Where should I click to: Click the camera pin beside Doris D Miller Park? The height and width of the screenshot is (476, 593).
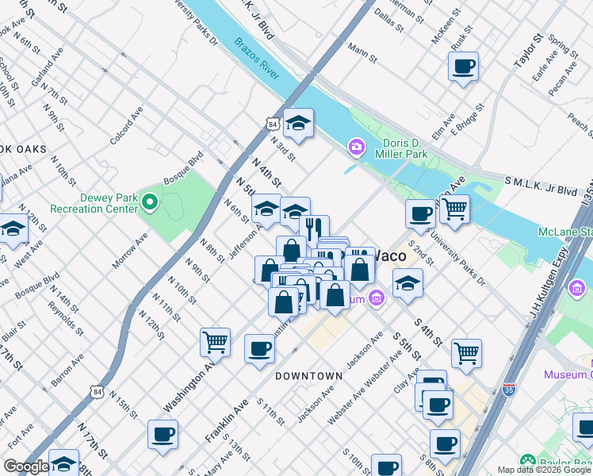356,147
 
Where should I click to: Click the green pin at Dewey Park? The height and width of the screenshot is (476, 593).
150,203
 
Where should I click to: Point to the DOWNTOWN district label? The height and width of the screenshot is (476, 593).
309,375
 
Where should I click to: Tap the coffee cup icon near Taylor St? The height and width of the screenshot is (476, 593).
463,66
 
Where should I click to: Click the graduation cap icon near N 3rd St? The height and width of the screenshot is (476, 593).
299,123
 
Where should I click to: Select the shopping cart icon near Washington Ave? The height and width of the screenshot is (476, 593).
215,342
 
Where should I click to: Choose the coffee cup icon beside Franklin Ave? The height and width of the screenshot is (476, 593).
259,348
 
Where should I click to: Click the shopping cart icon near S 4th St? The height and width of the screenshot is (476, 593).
466,353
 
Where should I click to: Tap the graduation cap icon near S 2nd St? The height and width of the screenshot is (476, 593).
407,282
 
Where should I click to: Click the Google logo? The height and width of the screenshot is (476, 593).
26,466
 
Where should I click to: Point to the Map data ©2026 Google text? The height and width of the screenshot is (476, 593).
544,470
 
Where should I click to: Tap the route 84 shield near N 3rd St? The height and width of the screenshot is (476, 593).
272,125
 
